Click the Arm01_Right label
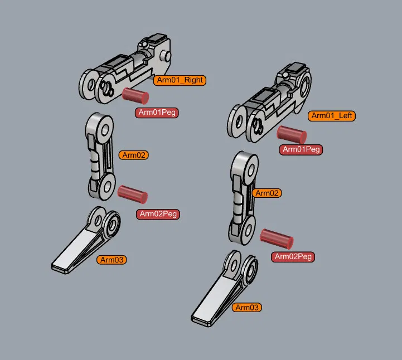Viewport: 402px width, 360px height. pos(180,80)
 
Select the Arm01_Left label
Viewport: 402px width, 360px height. pos(332,116)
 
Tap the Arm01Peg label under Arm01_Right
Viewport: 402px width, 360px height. pos(157,113)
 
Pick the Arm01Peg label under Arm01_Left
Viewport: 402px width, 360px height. pos(301,149)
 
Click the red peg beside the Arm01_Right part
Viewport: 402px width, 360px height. pos(135,96)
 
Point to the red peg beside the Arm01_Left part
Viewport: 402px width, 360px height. pos(292,134)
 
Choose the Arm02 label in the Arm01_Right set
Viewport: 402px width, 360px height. pos(134,155)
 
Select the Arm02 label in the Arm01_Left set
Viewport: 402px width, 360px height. pos(267,193)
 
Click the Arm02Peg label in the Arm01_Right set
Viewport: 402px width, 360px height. pos(158,214)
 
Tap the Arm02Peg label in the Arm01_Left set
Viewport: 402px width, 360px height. pos(293,256)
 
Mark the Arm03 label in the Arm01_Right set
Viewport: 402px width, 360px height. pos(112,260)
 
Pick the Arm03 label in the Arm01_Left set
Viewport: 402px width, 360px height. pos(246,308)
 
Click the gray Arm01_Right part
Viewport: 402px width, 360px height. pos(125,69)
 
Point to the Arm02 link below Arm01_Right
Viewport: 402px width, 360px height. pos(100,156)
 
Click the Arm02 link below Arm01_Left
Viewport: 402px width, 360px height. pos(243,198)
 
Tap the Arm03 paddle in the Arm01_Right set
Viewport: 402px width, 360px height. pos(85,244)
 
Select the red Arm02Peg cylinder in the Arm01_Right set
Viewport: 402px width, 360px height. pos(132,194)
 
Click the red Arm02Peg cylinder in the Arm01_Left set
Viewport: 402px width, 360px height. pos(277,239)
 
